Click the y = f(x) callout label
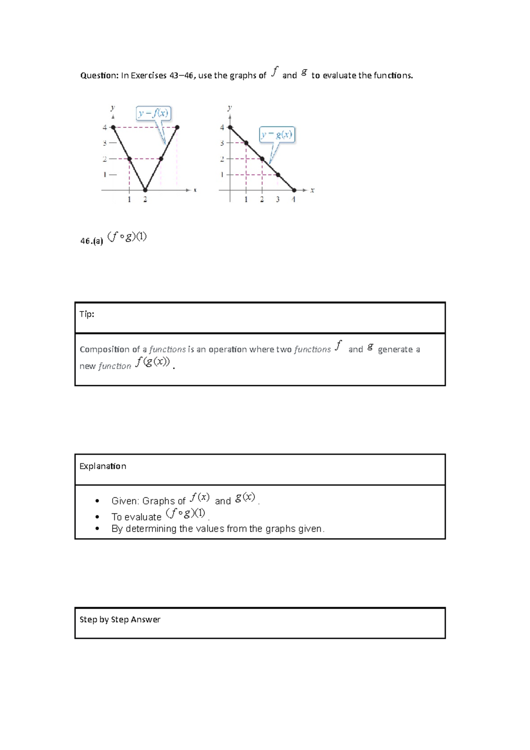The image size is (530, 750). (x=153, y=114)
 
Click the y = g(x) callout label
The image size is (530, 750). (x=277, y=135)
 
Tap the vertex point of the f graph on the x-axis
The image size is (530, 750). (x=145, y=190)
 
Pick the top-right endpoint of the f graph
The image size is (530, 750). (x=177, y=127)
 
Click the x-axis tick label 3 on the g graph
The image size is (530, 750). (x=278, y=200)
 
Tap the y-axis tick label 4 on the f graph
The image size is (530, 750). (x=105, y=128)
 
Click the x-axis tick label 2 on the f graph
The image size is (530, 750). (x=145, y=200)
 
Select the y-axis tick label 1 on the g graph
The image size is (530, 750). (x=222, y=175)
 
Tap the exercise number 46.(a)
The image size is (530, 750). (x=91, y=241)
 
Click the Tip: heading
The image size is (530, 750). (x=87, y=314)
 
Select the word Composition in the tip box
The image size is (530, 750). (x=104, y=349)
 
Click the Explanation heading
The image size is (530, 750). (x=102, y=466)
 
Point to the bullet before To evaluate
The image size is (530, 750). (x=97, y=517)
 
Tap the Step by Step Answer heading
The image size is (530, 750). (x=120, y=620)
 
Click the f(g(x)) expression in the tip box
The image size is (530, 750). (x=152, y=362)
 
